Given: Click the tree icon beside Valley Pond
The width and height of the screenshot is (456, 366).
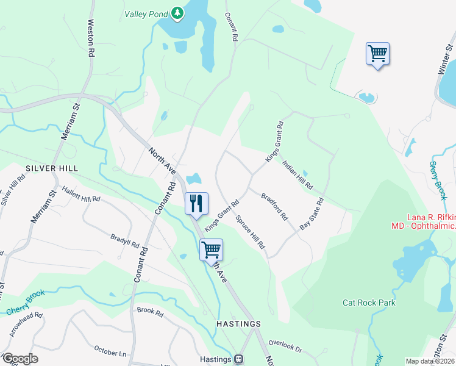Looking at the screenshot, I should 177,13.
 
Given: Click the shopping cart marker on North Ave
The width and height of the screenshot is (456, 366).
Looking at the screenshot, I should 211,249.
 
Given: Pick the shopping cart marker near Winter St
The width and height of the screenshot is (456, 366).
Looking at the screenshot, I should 377,54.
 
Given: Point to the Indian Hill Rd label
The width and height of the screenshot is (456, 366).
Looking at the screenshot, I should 297,174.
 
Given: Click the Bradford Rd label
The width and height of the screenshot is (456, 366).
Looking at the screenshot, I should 274,207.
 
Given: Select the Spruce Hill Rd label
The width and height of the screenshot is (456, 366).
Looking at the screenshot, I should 251,232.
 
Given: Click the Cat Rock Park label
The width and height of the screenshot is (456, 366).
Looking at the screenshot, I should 369,303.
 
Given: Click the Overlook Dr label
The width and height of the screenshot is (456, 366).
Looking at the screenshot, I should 285,346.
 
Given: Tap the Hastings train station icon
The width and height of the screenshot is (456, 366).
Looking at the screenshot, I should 240,359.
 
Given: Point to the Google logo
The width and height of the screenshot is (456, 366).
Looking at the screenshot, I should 20,359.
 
